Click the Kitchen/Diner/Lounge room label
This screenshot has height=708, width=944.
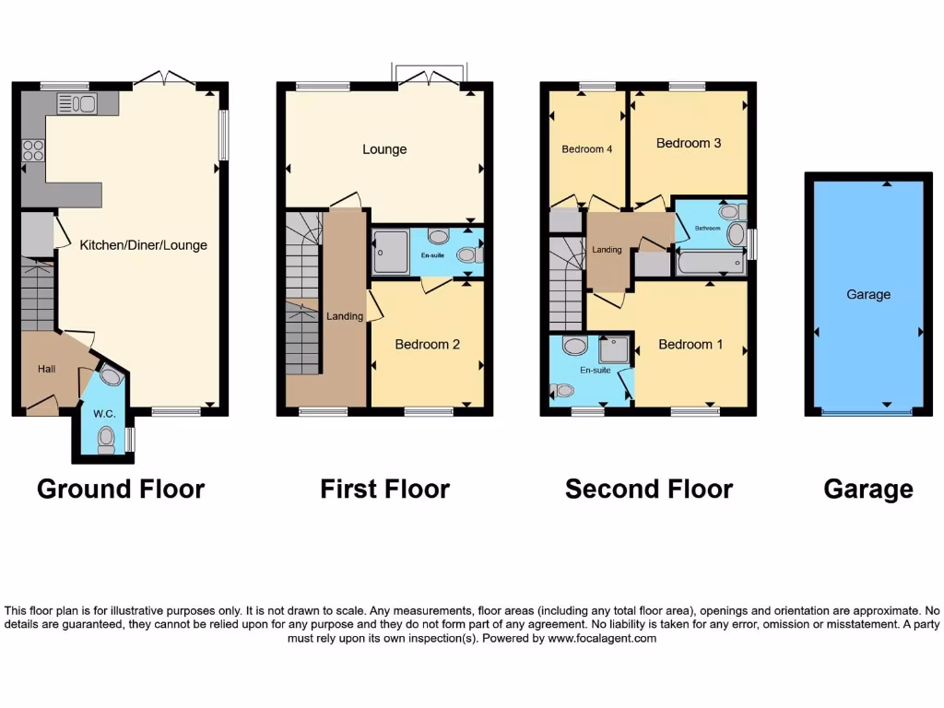click(143, 245)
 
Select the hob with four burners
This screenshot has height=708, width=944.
click(33, 149)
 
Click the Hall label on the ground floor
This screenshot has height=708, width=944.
click(46, 369)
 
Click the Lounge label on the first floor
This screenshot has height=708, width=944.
click(384, 149)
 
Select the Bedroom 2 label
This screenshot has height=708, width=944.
click(427, 344)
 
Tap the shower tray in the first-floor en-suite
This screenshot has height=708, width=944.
click(390, 252)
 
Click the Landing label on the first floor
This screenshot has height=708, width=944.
click(345, 316)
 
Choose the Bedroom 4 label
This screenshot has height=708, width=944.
click(587, 149)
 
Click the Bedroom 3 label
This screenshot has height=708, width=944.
click(688, 143)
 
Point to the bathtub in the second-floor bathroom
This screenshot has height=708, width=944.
click(711, 265)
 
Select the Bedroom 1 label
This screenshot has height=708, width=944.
click(690, 344)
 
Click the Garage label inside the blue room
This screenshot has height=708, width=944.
click(868, 294)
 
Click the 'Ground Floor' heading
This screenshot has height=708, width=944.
click(121, 489)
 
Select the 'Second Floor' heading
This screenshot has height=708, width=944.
click(649, 489)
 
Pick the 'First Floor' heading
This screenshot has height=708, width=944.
click(384, 489)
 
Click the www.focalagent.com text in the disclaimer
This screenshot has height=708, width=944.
click(602, 638)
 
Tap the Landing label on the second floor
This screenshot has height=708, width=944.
click(607, 250)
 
